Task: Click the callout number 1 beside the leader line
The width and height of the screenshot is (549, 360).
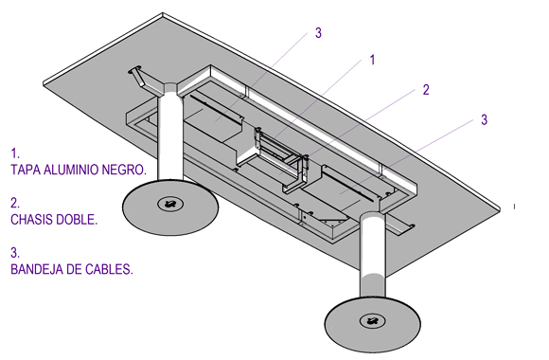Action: point(373,60)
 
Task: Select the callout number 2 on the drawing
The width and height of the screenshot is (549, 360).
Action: point(426,90)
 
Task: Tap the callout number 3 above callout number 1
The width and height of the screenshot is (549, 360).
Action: point(318,33)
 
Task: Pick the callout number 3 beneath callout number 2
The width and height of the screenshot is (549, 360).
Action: point(484,119)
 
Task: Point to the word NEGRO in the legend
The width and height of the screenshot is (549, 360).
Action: point(124,170)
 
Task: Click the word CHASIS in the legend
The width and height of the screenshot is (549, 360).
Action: point(32,220)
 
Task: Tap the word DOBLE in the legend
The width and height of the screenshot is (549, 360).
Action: point(77,220)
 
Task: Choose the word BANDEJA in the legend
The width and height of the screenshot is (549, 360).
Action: point(36,269)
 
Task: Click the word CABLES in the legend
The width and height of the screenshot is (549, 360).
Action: point(109,269)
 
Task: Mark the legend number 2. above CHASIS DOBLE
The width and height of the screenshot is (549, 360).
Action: point(15,204)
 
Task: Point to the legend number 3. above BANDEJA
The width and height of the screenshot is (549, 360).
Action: point(15,253)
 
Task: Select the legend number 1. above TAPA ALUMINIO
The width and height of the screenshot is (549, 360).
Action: point(15,153)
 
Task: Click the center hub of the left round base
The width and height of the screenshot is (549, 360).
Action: point(170,204)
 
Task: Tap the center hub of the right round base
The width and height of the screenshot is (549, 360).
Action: point(373,320)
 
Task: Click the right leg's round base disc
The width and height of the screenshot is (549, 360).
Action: point(373,324)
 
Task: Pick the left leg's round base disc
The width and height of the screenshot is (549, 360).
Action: point(170,207)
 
